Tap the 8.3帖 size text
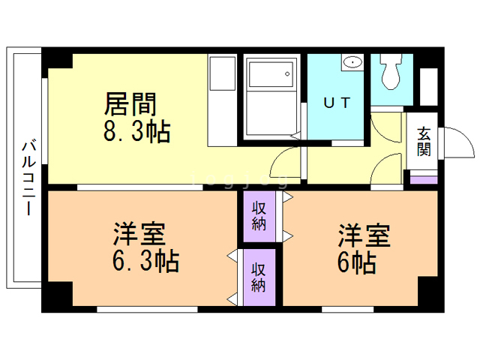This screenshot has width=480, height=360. coord(136,133)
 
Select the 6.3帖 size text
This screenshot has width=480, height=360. coord(146,262)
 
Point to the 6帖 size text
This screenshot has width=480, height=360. coord(356,262)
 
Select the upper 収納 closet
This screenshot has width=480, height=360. coord(259,216)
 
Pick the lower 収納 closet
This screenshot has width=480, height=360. coord(259,277)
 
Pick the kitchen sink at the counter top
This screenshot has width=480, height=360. coord(221,73)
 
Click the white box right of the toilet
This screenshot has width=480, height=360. coord(428,86)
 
